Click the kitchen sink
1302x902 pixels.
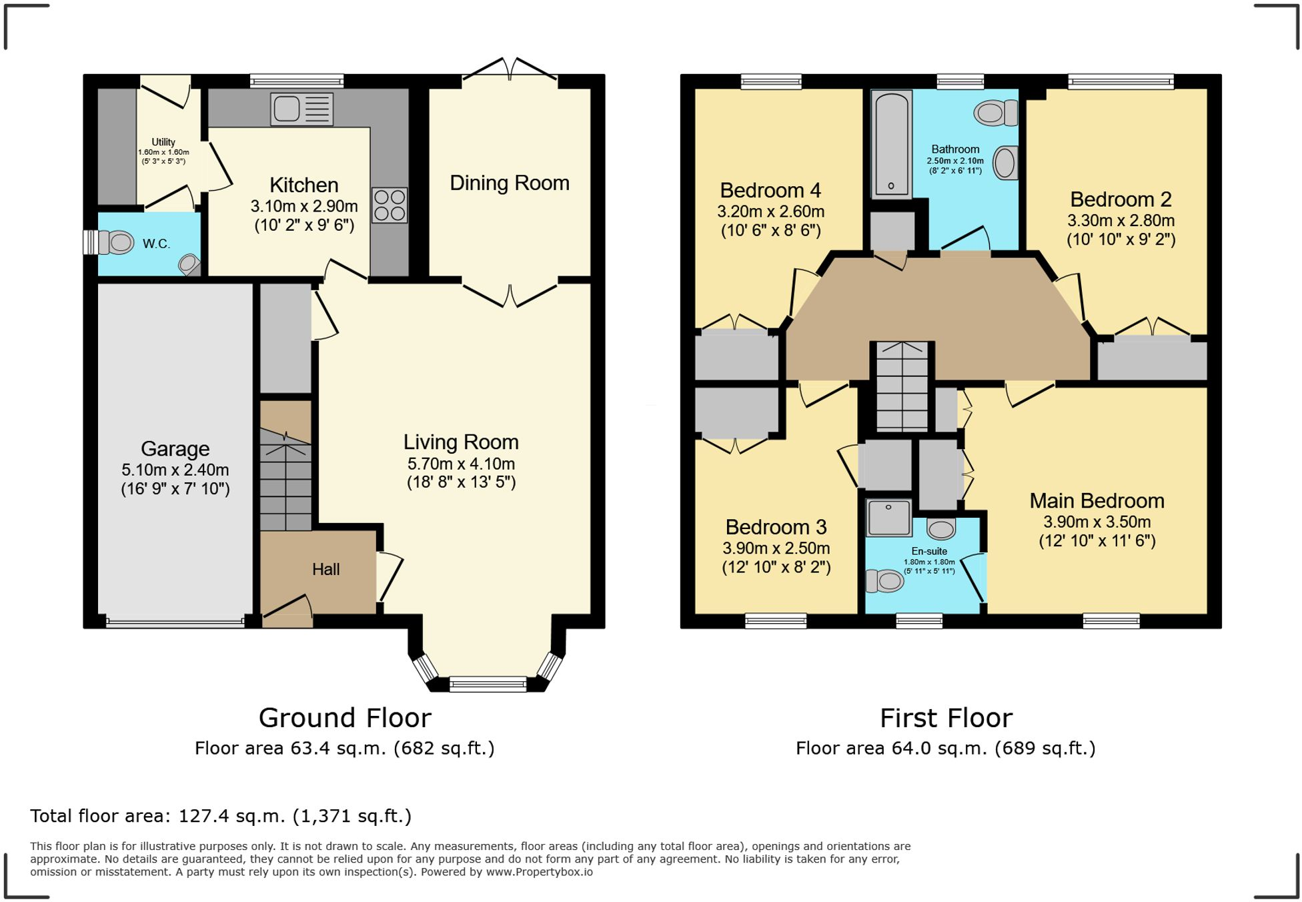[301, 109]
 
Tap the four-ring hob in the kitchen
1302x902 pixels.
[390, 205]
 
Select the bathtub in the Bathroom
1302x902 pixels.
[891, 145]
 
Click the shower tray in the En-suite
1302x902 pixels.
[888, 518]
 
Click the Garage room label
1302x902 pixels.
[175, 448]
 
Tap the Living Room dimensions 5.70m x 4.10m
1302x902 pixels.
[461, 464]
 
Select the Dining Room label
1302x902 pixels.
[510, 183]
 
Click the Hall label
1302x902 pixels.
[326, 569]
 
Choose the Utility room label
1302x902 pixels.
[163, 142]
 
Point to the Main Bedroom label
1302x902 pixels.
[1097, 500]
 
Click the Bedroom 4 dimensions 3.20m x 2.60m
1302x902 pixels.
[771, 211]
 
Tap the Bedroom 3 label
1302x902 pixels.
[776, 527]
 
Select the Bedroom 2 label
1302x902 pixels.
[1121, 199]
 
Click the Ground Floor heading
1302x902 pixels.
[345, 718]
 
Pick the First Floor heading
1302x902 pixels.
[946, 718]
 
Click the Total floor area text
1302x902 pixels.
[221, 816]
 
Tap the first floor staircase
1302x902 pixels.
[902, 386]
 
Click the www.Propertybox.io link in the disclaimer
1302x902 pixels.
[539, 872]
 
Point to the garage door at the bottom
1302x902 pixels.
[175, 623]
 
